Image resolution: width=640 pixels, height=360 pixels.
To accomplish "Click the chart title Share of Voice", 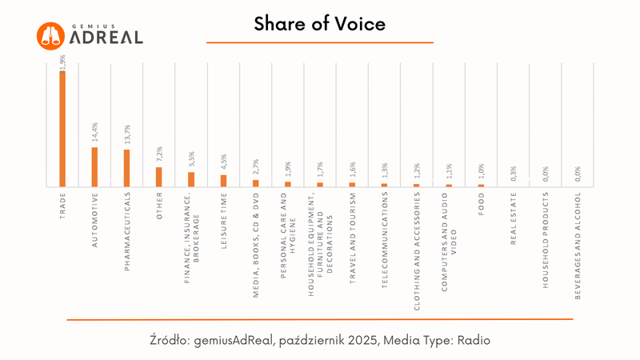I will pyautogui.click(x=320, y=25).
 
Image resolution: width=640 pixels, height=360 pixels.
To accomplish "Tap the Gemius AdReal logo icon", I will pyautogui.click(x=50, y=35).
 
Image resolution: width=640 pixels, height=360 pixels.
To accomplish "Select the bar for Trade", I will pyautogui.click(x=62, y=128).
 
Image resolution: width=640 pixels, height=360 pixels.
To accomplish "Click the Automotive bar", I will pyautogui.click(x=94, y=166).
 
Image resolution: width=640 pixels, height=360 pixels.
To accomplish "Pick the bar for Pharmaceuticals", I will pyautogui.click(x=126, y=168).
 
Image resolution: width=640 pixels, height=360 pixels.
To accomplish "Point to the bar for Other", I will pyautogui.click(x=158, y=176).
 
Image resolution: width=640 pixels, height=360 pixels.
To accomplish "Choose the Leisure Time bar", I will pyautogui.click(x=223, y=180).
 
